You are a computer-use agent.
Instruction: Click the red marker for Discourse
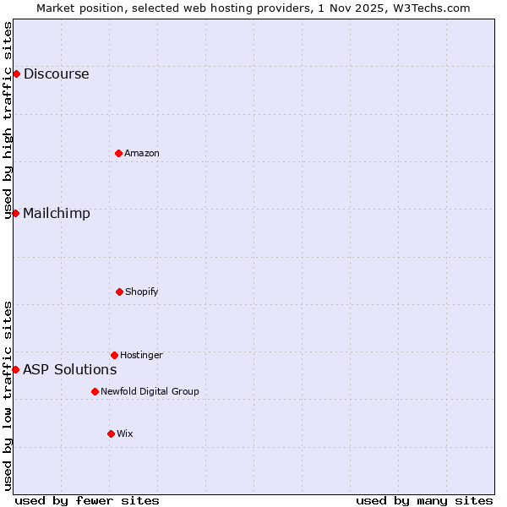point(16,74)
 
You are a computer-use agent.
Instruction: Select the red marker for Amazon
point(118,153)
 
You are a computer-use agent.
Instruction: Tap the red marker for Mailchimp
point(15,213)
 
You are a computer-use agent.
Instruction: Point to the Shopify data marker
point(119,292)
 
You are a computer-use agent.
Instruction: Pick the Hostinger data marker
point(114,355)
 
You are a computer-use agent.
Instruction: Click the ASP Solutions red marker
point(15,369)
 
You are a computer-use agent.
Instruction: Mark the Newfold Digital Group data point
point(95,391)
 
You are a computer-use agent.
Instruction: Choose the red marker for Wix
point(111,433)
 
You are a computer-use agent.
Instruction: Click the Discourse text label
point(56,74)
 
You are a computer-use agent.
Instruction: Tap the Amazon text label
point(142,153)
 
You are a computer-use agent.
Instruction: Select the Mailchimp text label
point(57,213)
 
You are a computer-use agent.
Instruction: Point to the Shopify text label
point(142,292)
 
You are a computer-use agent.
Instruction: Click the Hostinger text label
point(141,355)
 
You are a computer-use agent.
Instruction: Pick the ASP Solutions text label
point(70,369)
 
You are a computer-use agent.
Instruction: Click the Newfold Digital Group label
point(150,391)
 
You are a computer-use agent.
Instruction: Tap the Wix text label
point(125,433)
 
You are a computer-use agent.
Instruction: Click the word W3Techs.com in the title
point(435,8)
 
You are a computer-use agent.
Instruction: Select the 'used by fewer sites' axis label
point(87,500)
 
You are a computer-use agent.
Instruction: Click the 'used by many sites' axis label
point(424,500)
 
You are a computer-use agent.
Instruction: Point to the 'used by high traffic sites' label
point(8,120)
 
